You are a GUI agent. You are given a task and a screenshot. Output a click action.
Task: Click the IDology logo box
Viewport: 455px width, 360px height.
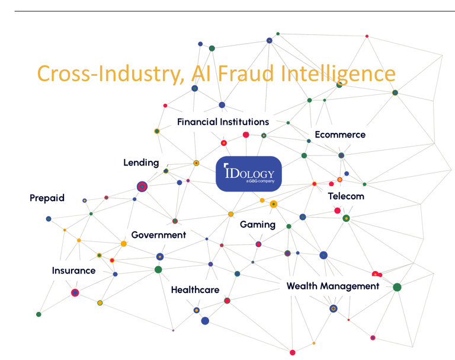point(249,174)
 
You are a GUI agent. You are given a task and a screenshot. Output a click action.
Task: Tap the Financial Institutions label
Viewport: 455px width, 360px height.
point(223,122)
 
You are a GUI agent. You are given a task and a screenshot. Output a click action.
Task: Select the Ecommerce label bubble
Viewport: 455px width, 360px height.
point(340,135)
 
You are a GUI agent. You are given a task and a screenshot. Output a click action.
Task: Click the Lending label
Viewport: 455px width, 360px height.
point(141,162)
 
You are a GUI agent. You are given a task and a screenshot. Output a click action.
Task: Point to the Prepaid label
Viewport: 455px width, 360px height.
point(47,198)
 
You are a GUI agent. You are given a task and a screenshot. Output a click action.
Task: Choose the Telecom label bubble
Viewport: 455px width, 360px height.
point(346,196)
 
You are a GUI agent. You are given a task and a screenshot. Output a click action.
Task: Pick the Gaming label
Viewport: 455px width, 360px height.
point(258,224)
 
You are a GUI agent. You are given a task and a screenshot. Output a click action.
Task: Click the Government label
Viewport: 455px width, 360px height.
point(158,235)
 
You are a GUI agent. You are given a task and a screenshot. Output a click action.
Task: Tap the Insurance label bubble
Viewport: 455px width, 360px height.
point(73,270)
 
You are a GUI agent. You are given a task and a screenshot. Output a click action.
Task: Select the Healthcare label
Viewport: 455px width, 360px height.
point(195,290)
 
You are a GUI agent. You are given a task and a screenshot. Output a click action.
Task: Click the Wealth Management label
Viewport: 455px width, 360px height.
point(332,286)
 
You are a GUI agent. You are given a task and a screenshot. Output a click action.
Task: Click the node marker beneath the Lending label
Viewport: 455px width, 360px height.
point(142,186)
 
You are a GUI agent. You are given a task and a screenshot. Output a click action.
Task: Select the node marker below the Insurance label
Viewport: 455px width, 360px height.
point(75,292)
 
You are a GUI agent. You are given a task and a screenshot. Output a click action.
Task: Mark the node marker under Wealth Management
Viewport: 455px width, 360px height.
point(333,308)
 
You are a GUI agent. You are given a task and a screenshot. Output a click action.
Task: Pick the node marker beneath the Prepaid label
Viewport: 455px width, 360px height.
point(49,219)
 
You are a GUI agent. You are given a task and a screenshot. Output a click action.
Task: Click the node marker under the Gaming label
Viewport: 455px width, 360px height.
point(258,244)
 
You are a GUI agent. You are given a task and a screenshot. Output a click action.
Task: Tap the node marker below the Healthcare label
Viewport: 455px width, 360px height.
point(196,310)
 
